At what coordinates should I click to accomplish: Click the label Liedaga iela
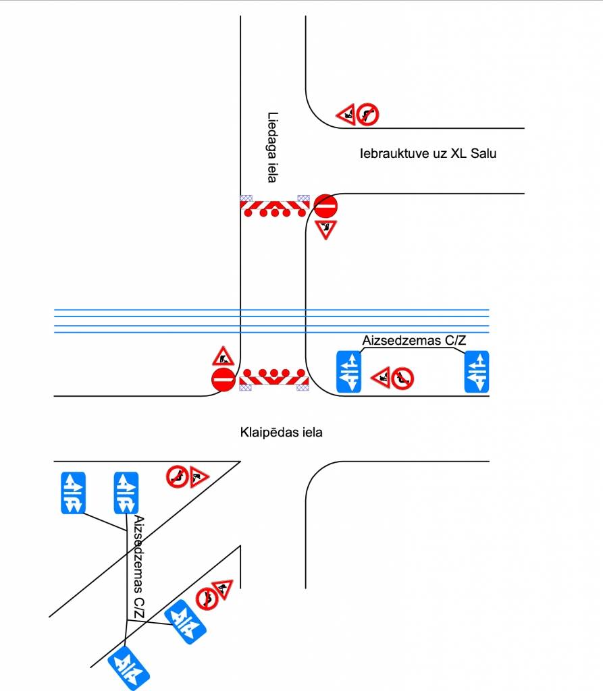point(272,147)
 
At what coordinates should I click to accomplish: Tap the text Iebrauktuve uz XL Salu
point(428,153)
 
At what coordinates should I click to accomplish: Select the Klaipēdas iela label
point(281,432)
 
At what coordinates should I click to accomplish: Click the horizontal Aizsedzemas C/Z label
point(414,341)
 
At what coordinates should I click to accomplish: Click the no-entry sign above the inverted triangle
point(325,206)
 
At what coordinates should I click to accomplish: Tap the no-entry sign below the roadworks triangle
point(222,379)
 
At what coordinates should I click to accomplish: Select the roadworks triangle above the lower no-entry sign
point(222,356)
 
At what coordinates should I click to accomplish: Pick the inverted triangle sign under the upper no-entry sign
point(325,229)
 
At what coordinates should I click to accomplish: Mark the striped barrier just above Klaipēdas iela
point(274,380)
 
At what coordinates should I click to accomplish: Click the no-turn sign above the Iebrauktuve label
point(369,114)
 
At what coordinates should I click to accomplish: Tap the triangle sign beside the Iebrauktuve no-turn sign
point(347,115)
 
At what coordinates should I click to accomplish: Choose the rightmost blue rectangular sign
point(477,371)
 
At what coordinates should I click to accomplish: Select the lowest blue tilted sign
point(129,668)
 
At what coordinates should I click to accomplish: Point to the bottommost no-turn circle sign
point(207,598)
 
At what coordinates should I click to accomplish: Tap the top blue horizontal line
point(270,310)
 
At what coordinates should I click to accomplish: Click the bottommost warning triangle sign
point(222,589)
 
